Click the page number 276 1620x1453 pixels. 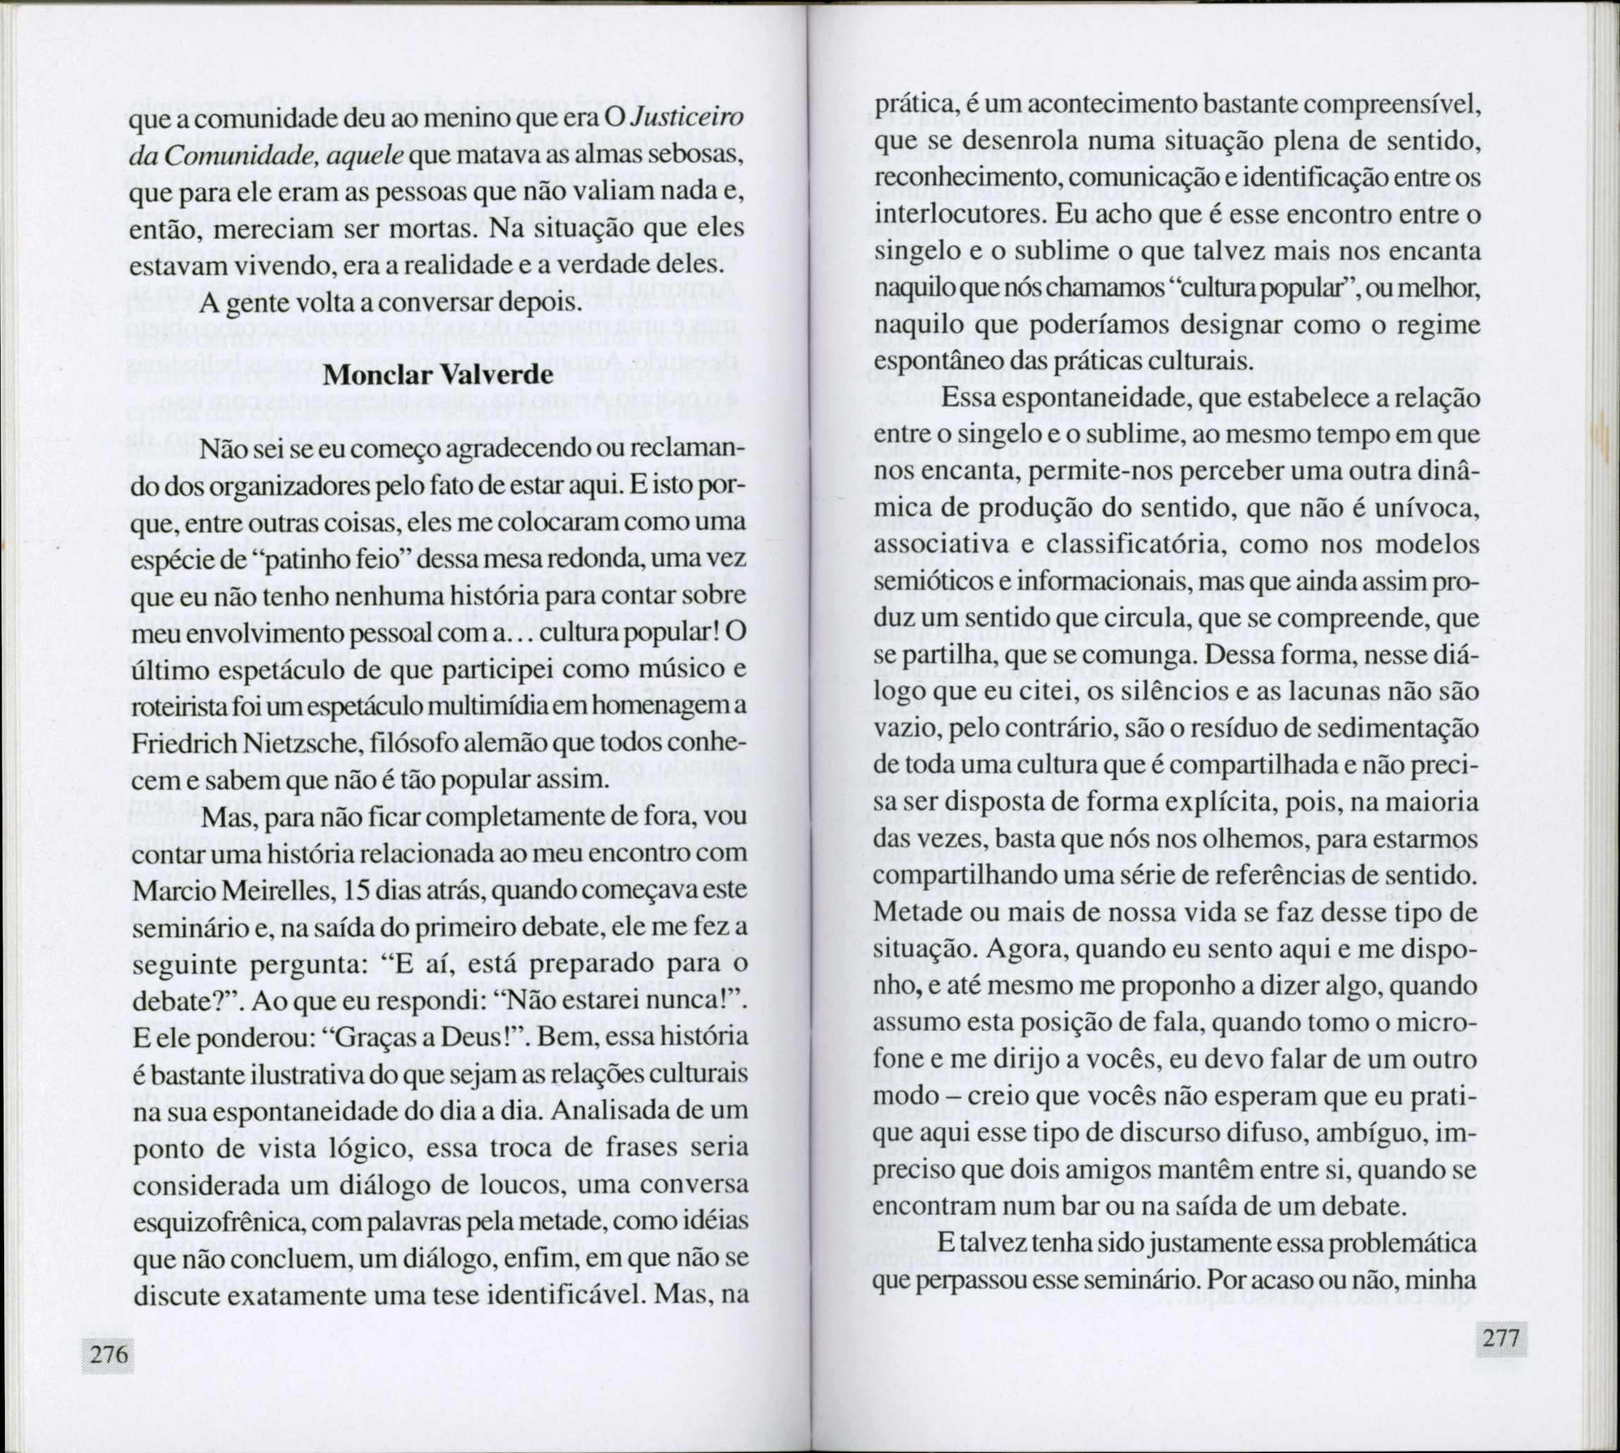109,1354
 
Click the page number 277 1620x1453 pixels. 1502,1338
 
